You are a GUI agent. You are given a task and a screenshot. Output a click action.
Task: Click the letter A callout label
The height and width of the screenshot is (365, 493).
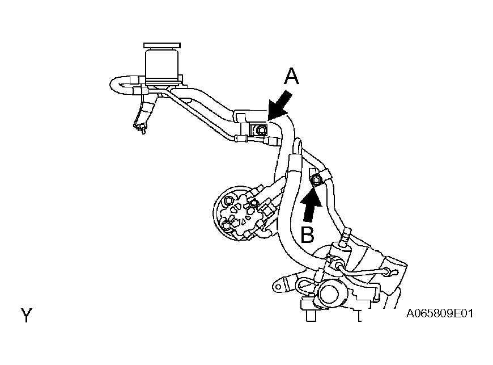291,77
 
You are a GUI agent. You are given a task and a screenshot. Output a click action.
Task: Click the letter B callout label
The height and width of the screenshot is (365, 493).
307,234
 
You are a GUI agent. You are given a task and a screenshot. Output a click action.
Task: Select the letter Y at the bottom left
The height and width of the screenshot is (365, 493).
27,315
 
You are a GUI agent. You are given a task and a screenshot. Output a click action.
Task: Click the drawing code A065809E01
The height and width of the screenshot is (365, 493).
440,314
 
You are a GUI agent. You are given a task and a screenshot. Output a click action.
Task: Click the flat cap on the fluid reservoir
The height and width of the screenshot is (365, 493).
162,45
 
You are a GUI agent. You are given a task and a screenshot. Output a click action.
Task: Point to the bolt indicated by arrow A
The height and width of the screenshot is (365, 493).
260,130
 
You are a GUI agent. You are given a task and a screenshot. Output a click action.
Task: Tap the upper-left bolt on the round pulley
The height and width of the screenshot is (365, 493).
228,200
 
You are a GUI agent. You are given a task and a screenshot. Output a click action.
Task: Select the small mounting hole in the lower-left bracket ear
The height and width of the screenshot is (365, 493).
278,287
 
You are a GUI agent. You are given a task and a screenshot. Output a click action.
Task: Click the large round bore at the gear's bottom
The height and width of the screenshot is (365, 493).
329,294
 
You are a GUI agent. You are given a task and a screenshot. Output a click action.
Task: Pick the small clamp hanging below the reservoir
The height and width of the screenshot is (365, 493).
141,127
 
